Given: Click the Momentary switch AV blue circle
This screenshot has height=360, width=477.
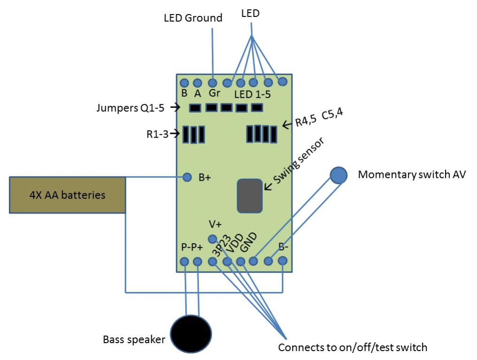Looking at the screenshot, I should click(x=338, y=175).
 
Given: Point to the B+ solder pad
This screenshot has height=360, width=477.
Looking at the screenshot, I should click(x=187, y=177).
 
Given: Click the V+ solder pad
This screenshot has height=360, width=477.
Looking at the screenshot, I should click(x=213, y=238).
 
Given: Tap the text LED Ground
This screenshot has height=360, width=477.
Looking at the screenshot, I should click(x=193, y=18).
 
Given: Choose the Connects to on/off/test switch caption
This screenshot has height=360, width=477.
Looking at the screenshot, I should click(x=353, y=348).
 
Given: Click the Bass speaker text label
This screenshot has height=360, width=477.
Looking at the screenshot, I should click(x=134, y=339).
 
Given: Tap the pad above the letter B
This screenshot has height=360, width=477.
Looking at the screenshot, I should click(x=184, y=83).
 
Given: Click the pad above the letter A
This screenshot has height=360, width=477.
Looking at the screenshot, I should click(x=198, y=83).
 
